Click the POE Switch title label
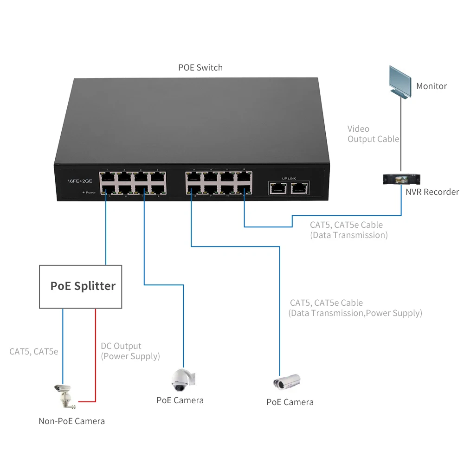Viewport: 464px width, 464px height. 200,68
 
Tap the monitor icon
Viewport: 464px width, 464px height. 400,81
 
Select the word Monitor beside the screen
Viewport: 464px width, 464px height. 431,86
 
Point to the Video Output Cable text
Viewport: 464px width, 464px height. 373,134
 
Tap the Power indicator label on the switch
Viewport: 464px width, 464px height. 90,192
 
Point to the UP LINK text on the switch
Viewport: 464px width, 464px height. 289,178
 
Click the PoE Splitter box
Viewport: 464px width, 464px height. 81,286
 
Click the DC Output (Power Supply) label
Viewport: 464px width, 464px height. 130,351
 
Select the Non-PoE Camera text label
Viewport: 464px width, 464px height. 71,421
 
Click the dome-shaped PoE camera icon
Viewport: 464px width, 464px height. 182,380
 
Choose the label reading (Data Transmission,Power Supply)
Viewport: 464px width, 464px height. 355,313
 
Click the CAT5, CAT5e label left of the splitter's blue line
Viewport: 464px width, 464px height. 33,351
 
